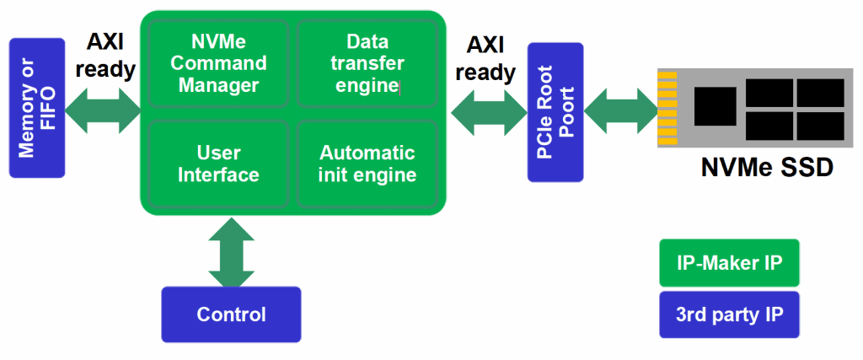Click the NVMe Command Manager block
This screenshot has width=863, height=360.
click(218, 63)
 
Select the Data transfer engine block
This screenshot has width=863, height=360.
click(367, 63)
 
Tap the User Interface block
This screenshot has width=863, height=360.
click(218, 164)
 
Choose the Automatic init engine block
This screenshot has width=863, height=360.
click(367, 164)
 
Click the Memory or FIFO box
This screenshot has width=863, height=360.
click(37, 108)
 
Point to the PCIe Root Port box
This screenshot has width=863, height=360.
click(555, 112)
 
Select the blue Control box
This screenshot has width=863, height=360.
click(231, 314)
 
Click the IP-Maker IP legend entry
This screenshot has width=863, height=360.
click(729, 262)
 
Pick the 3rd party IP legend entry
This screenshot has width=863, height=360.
click(729, 314)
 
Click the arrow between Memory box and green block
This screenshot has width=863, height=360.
click(103, 112)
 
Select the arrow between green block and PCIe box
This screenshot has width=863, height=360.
click(489, 112)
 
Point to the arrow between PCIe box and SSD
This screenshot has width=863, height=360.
click(621, 112)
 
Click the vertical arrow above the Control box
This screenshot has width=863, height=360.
click(232, 251)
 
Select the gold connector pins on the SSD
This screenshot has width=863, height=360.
click(667, 108)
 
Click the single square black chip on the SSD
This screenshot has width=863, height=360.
click(716, 106)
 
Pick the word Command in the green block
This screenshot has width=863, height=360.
click(218, 63)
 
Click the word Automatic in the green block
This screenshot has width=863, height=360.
click(367, 152)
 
